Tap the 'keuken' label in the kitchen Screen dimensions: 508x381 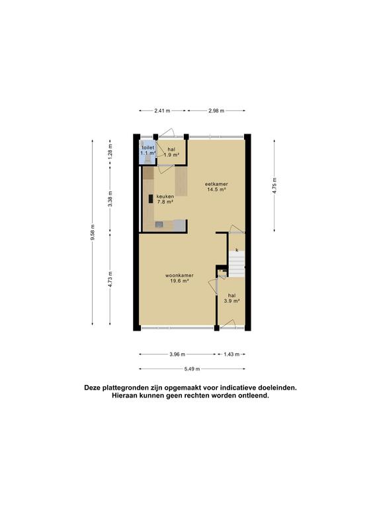(165, 196)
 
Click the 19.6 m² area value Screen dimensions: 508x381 (179, 282)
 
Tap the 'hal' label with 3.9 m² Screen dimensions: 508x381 (232, 296)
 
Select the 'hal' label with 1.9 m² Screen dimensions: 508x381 (171, 149)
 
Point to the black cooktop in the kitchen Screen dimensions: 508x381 (151, 198)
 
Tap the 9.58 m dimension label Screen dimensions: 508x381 (93, 232)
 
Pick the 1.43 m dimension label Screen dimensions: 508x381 (232, 354)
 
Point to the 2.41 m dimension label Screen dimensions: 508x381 (162, 110)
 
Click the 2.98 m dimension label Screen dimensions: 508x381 (216, 110)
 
